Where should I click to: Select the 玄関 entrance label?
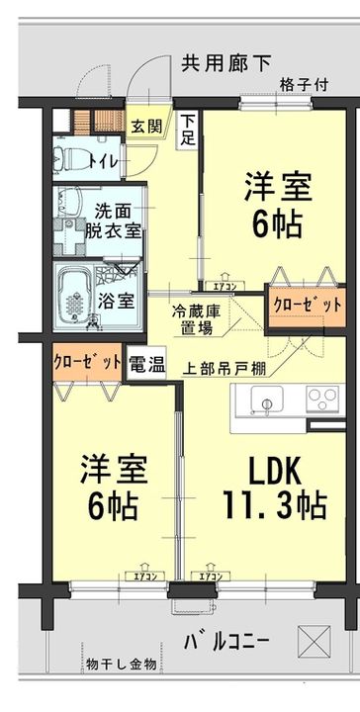pos(149,126)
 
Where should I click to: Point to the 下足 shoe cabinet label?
pos(187,131)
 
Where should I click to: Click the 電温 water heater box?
pos(147,363)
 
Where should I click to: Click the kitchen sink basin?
pos(264,401)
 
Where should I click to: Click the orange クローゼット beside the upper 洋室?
pos(297,305)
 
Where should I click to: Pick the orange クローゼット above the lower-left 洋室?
pos(88,361)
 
